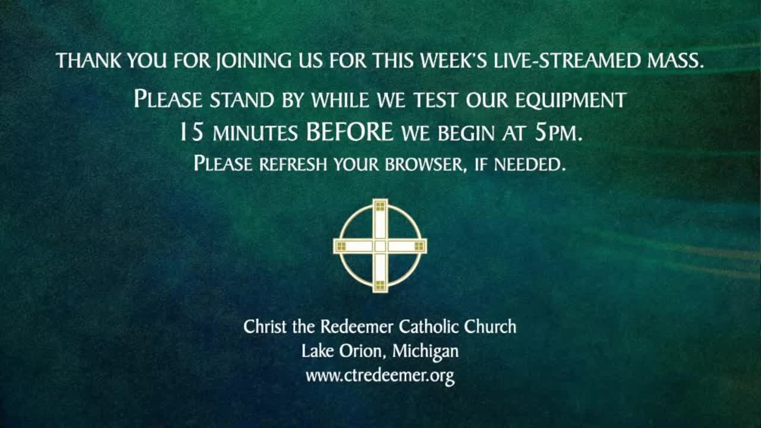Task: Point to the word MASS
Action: (x=675, y=61)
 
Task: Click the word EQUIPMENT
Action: (x=571, y=100)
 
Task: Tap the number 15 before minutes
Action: (x=191, y=132)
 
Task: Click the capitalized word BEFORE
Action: (x=350, y=132)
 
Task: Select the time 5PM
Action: (x=558, y=132)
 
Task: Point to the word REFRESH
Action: (x=293, y=164)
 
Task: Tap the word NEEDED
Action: (x=529, y=164)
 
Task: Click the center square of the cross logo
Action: (x=380, y=246)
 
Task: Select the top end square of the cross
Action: (x=380, y=206)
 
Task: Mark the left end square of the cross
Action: (x=341, y=246)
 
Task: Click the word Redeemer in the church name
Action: (x=357, y=326)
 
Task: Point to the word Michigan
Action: (x=425, y=352)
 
